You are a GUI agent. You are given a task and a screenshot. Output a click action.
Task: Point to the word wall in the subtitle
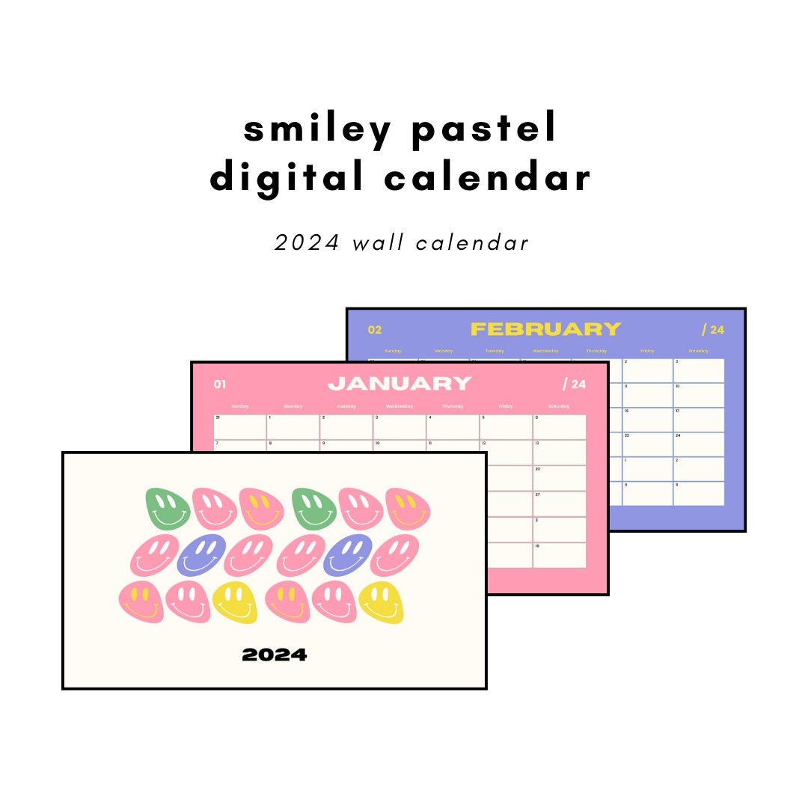[x=381, y=243]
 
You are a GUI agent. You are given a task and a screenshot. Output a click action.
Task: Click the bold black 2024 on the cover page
[x=274, y=655]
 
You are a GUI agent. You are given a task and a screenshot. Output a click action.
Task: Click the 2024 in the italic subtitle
[x=307, y=243]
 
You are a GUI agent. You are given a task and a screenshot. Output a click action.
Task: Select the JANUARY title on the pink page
[x=400, y=384]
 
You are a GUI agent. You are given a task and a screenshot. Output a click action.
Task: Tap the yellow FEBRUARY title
[x=545, y=329]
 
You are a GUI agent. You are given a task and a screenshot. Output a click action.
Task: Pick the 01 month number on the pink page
[x=219, y=385]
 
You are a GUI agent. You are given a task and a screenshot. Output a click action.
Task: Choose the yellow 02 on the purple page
[x=375, y=330]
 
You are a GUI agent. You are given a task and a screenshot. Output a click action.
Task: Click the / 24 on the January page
[x=574, y=385]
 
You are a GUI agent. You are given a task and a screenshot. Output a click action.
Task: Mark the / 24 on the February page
[x=712, y=330]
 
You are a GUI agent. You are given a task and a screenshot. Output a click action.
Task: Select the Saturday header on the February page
[x=698, y=350]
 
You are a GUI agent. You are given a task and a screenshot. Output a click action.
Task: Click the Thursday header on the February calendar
[x=596, y=350]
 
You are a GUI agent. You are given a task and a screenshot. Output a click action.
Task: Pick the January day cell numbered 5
[x=506, y=427]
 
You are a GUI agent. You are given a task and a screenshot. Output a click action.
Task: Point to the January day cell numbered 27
[x=559, y=503]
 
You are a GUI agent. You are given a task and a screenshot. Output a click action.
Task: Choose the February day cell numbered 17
[x=699, y=420]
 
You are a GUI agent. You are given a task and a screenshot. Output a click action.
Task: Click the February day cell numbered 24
[x=699, y=444]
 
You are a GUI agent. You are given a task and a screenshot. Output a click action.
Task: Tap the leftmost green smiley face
[x=167, y=508]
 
